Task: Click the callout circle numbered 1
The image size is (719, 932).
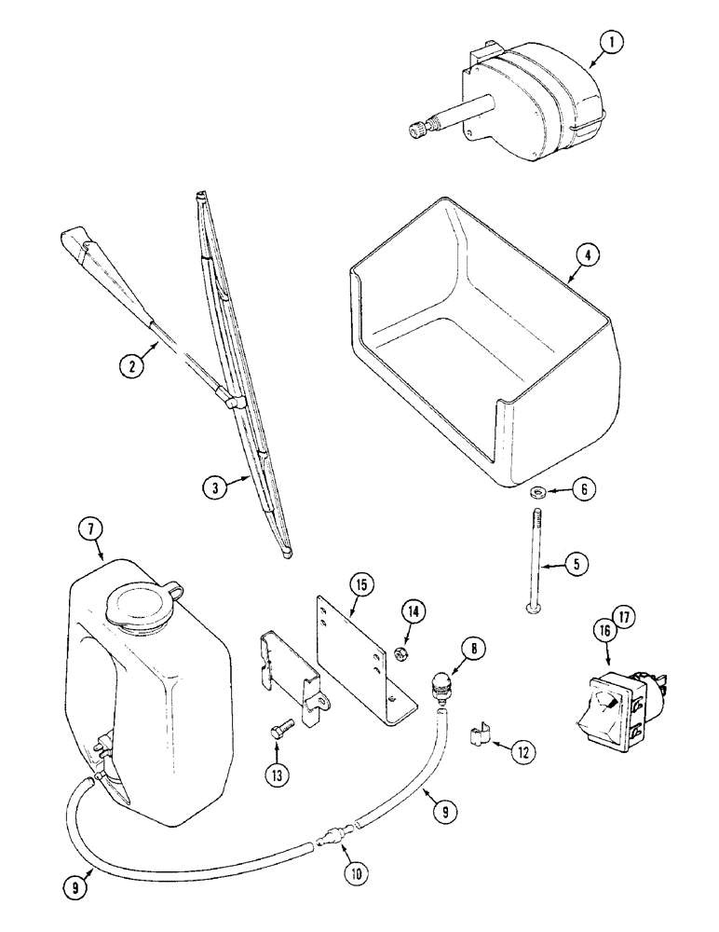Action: tap(612, 42)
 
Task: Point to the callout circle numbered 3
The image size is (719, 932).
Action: tap(216, 486)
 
